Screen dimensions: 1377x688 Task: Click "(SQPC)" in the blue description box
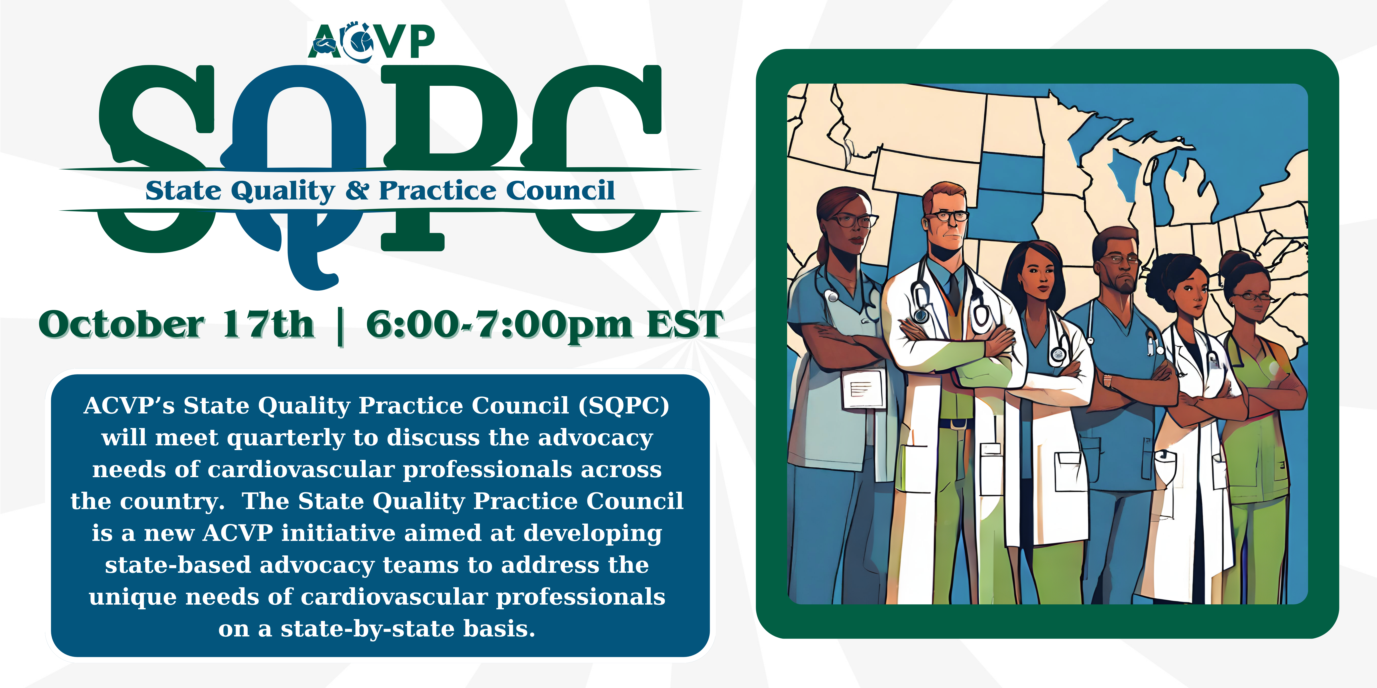(x=624, y=406)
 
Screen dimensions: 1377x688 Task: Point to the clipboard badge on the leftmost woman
(x=862, y=388)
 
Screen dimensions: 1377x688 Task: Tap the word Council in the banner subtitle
(x=560, y=191)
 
